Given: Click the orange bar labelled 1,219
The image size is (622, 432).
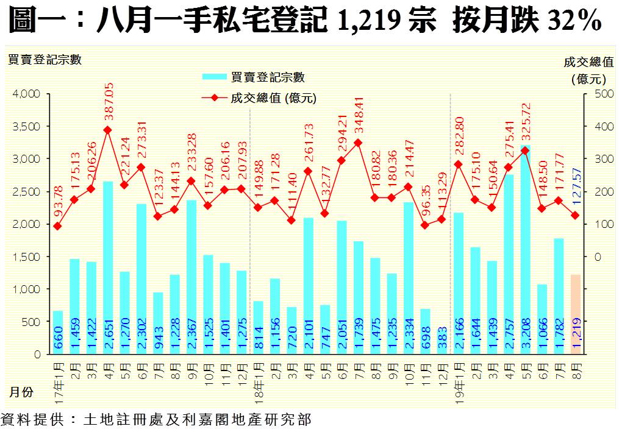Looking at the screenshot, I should pos(576,314).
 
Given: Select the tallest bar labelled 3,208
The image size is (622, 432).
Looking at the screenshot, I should pos(525,250).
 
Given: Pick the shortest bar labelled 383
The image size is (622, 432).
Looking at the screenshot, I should pos(441,341).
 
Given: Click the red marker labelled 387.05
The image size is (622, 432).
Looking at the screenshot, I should pos(107,130).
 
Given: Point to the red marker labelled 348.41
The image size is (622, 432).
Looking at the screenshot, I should pos(358,143).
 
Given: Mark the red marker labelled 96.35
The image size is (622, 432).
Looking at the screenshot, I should pos(425,225).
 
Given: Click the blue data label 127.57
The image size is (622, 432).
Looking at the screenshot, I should pos(576,186).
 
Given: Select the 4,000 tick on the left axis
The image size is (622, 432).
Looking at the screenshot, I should pos(26,94).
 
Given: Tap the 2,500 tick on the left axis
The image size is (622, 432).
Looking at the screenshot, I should pos(26,191).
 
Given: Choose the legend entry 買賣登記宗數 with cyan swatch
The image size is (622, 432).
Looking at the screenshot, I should pos(253,77).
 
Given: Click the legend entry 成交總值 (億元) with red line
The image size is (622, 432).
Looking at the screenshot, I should pos(259,97).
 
